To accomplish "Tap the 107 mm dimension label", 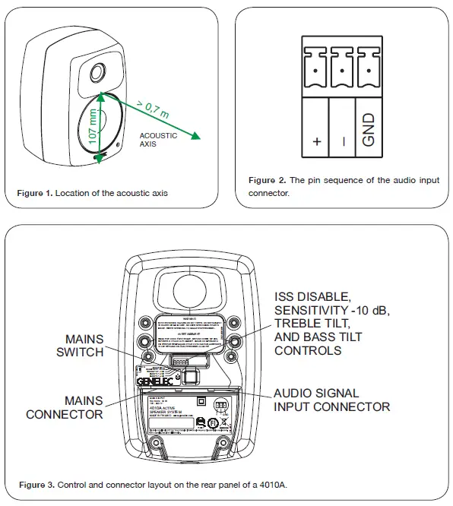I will click(93, 127).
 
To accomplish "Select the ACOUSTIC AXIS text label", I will click(158, 140).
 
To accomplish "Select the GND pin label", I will click(368, 130).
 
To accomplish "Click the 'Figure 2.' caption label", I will click(267, 180).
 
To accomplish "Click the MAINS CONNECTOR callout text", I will click(65, 407).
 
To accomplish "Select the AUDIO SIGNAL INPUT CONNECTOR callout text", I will click(331, 400).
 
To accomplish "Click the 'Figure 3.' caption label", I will click(35, 484).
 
